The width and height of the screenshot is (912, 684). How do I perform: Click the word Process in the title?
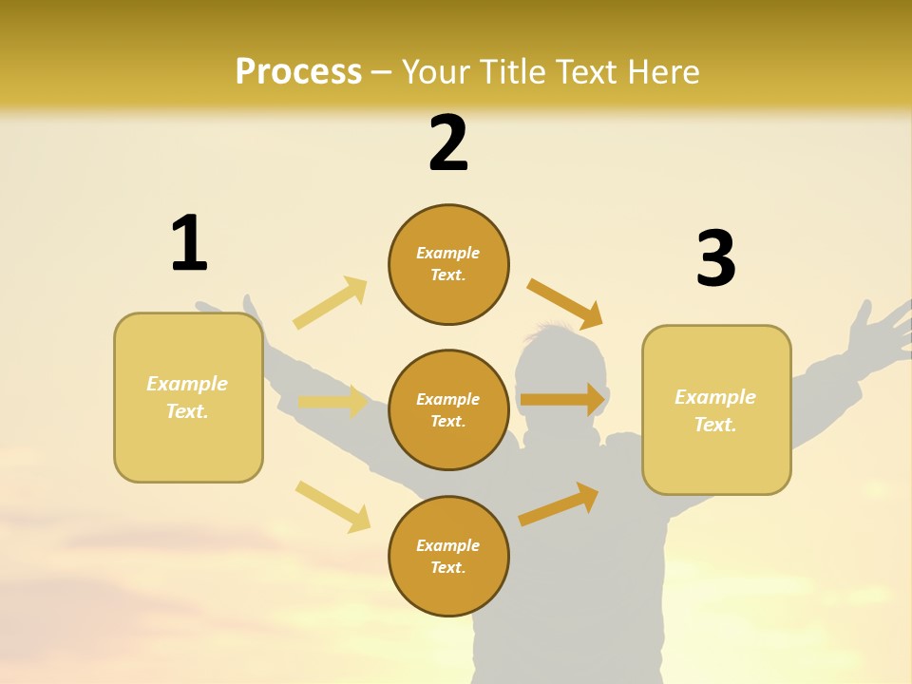coord(298,71)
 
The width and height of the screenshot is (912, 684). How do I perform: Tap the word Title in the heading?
coord(511,71)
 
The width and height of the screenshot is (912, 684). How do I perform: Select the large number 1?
coord(189,243)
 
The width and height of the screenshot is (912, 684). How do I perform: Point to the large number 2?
coord(448,143)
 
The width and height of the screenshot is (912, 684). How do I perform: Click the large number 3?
coord(715,258)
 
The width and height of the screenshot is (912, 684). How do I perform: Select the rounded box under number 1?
coord(188,397)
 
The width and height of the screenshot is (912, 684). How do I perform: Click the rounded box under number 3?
coord(716,409)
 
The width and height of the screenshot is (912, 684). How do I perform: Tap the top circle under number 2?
coord(448,264)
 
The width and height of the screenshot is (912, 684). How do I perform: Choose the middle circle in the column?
coord(448,409)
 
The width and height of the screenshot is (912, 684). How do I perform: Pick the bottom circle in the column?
coord(448,556)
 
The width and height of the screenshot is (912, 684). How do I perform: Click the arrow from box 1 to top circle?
coord(331,303)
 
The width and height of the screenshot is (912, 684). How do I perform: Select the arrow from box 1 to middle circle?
coord(332,402)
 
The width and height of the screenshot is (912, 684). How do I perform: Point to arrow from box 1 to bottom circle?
coord(332,506)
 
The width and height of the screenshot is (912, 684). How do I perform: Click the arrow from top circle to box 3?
coord(565,303)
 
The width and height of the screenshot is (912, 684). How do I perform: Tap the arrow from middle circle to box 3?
coord(562,399)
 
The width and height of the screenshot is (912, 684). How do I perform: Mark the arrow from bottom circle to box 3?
coord(559,503)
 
